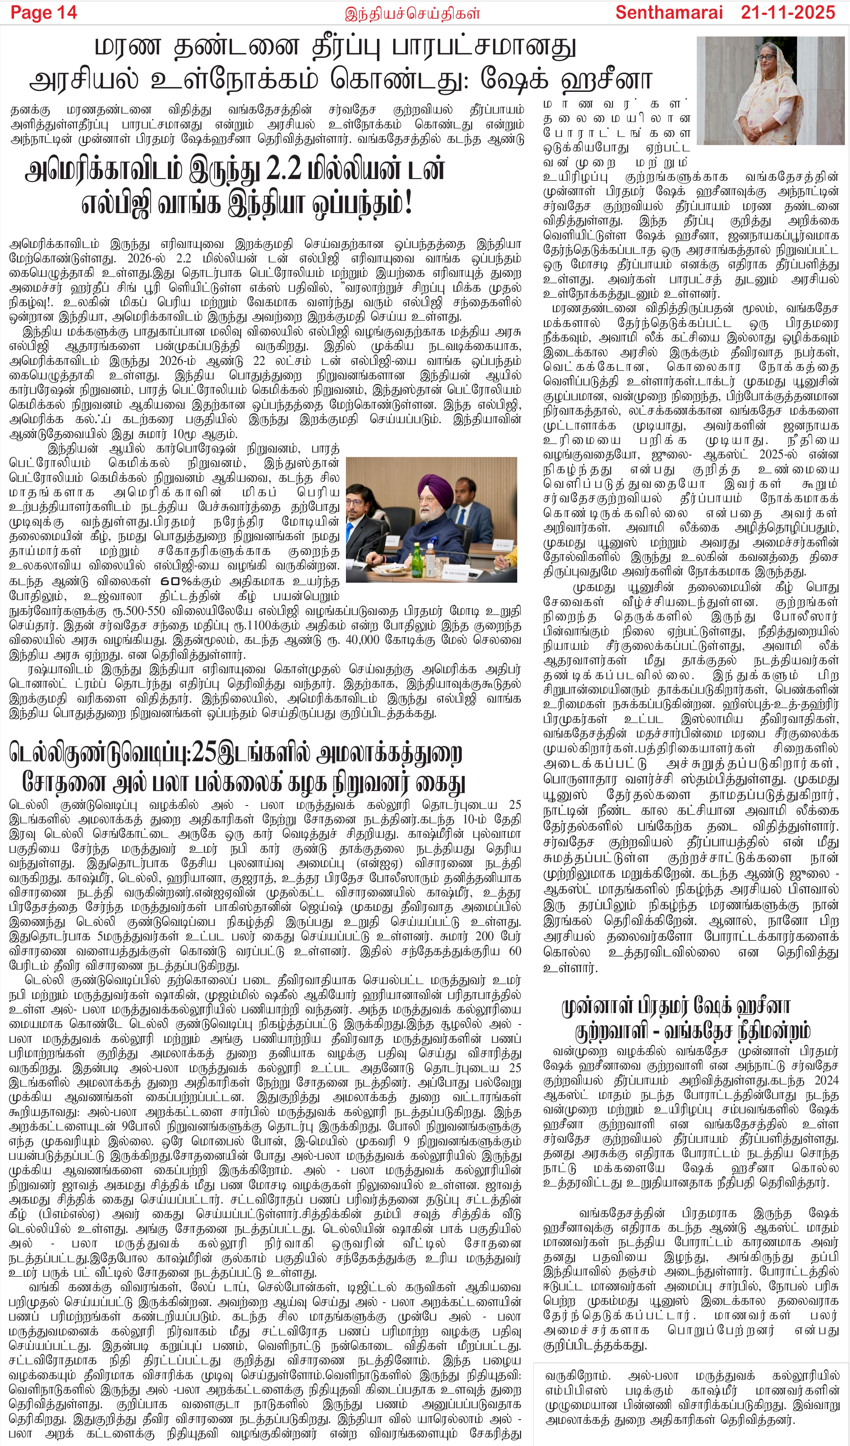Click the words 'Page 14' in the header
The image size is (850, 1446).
(x=44, y=13)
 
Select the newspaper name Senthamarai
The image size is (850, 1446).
(x=669, y=13)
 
